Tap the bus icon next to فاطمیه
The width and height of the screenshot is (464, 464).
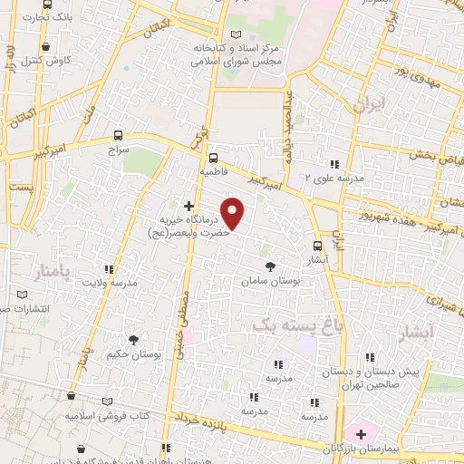(212, 155)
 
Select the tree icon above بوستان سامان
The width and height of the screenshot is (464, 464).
(269, 266)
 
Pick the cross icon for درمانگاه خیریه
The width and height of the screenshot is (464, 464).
(188, 207)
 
